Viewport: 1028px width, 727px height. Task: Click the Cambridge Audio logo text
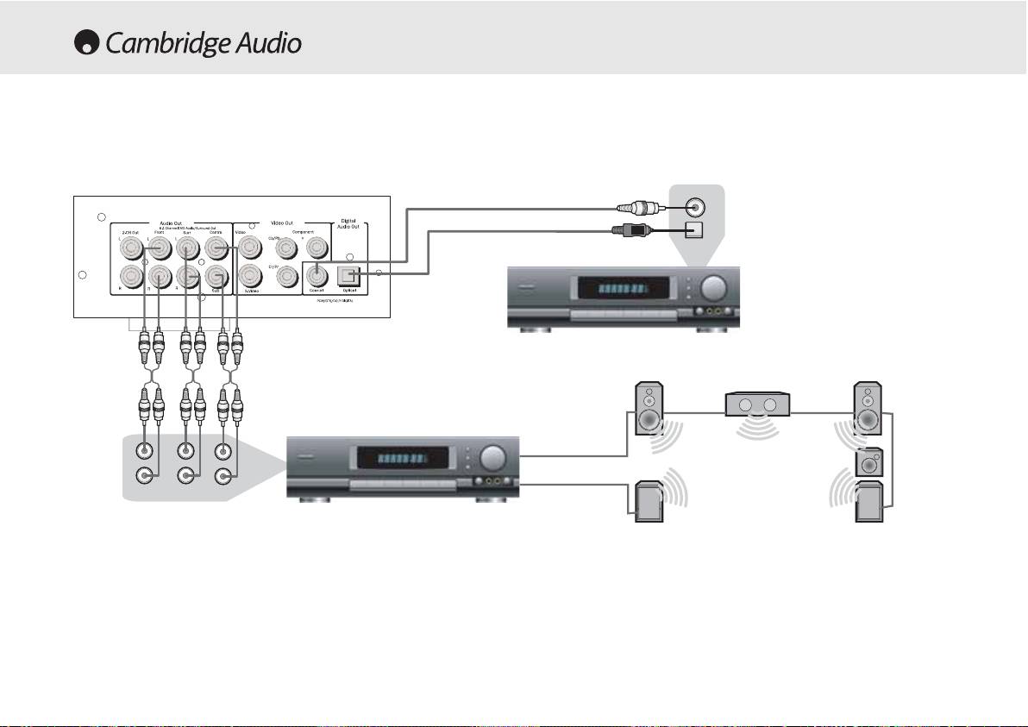pyautogui.click(x=204, y=43)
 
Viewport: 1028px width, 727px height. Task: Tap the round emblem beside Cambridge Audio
pyautogui.click(x=87, y=44)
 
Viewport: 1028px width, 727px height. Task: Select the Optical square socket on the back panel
pyautogui.click(x=349, y=274)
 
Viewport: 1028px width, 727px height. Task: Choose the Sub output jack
pyautogui.click(x=216, y=276)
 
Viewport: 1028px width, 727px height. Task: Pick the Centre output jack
pyautogui.click(x=216, y=248)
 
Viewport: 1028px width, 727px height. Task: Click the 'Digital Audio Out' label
pyautogui.click(x=349, y=227)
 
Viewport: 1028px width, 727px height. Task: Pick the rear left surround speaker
pyautogui.click(x=648, y=503)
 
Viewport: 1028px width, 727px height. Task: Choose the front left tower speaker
pyautogui.click(x=649, y=408)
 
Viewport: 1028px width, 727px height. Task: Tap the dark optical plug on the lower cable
pyautogui.click(x=633, y=229)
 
